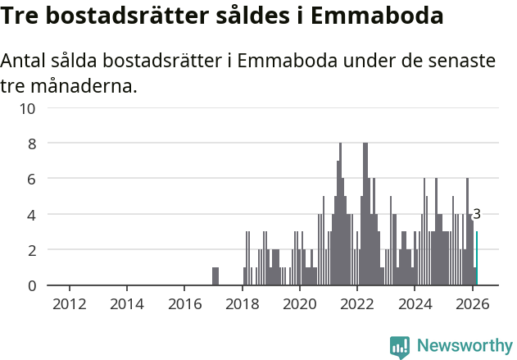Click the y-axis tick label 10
pos(28,107)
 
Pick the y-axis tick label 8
pos(32,144)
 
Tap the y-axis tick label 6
pos(32,179)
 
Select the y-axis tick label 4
pos(32,215)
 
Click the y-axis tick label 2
pos(32,250)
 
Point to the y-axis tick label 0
pos(32,285)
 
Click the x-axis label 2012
pos(70,304)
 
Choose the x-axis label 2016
pos(184,304)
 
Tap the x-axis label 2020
pos(300,304)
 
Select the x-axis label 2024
pos(415,304)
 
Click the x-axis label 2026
pos(472,304)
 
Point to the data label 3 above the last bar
pos(477,215)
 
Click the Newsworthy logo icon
pos(400,347)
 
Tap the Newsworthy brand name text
pos(464,346)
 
